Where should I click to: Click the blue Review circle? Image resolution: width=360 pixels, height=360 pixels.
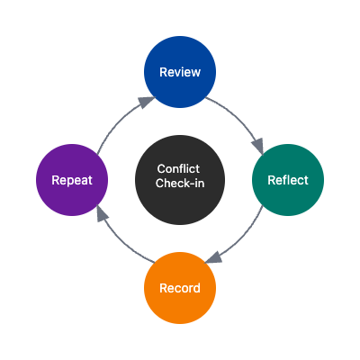tap(180, 72)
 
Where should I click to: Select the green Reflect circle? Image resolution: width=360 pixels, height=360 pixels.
tap(288, 180)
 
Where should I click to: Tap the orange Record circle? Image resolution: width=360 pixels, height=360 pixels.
tap(180, 288)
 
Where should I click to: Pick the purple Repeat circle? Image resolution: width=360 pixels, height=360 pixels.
tap(72, 180)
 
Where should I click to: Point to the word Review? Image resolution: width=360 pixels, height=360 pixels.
tap(180, 72)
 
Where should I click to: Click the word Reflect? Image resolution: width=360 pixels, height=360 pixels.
tap(288, 180)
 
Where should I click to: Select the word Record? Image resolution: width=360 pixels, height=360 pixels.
tap(180, 288)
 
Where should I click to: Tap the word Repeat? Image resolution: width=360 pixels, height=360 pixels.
tap(72, 180)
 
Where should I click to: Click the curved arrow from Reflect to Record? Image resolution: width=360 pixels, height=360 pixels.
tap(243, 241)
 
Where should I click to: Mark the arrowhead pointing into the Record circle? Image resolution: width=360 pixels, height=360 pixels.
tap(213, 260)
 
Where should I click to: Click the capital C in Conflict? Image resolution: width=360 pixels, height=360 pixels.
tap(161, 169)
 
